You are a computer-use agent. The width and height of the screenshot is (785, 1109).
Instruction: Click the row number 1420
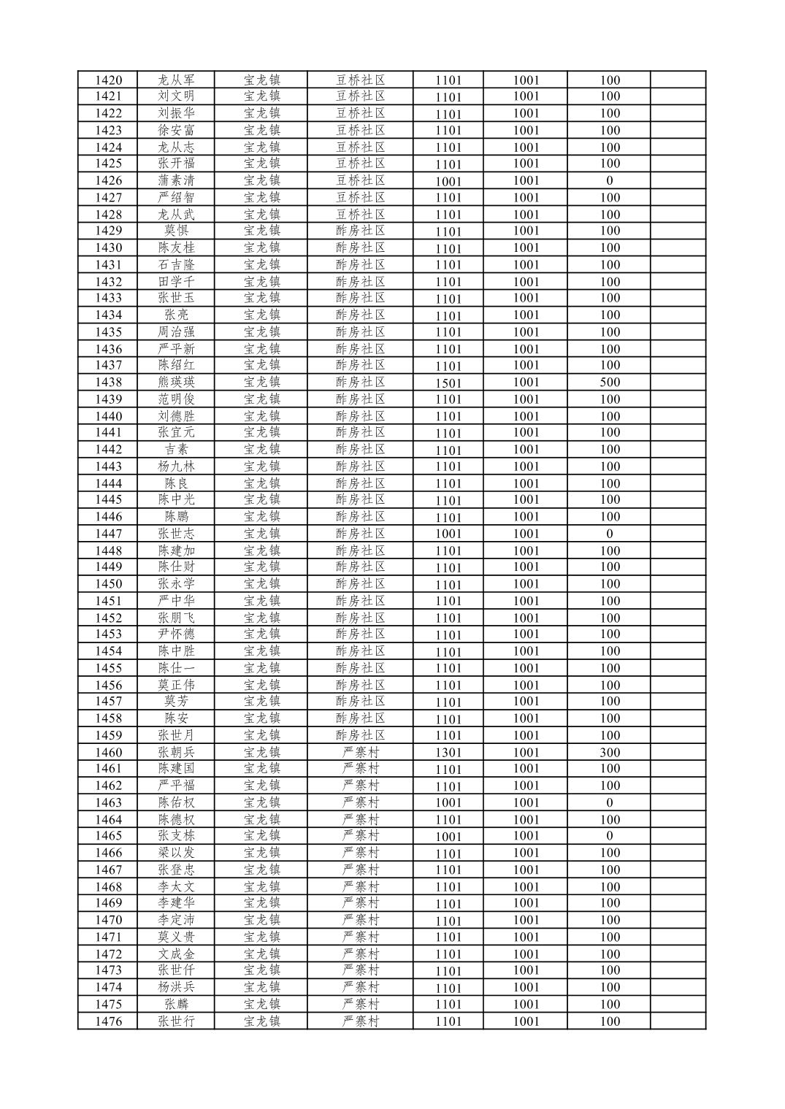coord(108,80)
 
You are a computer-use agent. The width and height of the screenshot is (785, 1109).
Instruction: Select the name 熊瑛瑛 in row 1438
coord(177,382)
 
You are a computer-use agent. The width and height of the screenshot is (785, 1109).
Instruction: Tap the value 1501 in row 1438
coord(448,383)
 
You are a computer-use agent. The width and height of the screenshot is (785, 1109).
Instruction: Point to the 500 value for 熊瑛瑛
coord(609,383)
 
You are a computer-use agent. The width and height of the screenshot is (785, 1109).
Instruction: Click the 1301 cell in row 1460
coord(448,753)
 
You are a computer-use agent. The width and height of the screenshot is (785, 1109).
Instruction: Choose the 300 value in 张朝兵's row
coord(609,753)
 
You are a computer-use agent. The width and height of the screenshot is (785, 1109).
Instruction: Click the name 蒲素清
coord(177,180)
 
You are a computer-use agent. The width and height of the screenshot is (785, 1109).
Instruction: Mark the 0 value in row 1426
coord(609,180)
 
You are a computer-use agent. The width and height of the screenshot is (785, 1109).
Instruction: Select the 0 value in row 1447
coord(609,534)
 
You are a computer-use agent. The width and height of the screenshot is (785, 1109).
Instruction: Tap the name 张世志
coord(177,534)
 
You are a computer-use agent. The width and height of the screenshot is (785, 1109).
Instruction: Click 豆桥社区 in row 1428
coord(360,214)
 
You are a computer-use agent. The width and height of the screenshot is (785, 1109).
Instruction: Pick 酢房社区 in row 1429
coord(360,231)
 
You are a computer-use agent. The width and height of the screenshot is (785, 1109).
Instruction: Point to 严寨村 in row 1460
coord(361,752)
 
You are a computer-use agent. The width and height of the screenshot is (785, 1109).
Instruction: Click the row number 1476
coord(108,1021)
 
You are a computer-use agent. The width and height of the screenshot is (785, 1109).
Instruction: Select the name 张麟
coord(177,1004)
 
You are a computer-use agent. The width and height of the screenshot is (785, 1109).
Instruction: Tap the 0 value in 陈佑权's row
coord(609,803)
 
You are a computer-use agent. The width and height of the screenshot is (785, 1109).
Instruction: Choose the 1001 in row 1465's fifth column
coord(448,837)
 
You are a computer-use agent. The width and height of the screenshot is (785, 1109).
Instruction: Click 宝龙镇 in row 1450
coord(262,583)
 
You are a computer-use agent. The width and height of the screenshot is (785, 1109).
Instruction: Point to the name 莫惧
coord(177,231)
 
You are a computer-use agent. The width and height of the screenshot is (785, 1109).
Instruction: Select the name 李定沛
coord(177,920)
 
